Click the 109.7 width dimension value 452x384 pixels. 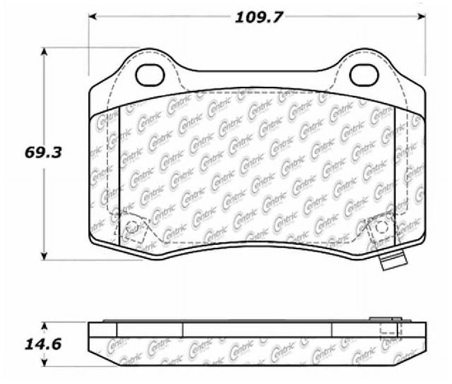pyautogui.click(x=259, y=17)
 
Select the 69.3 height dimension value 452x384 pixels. pyautogui.click(x=43, y=152)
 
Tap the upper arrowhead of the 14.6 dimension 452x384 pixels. pyautogui.click(x=44, y=325)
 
